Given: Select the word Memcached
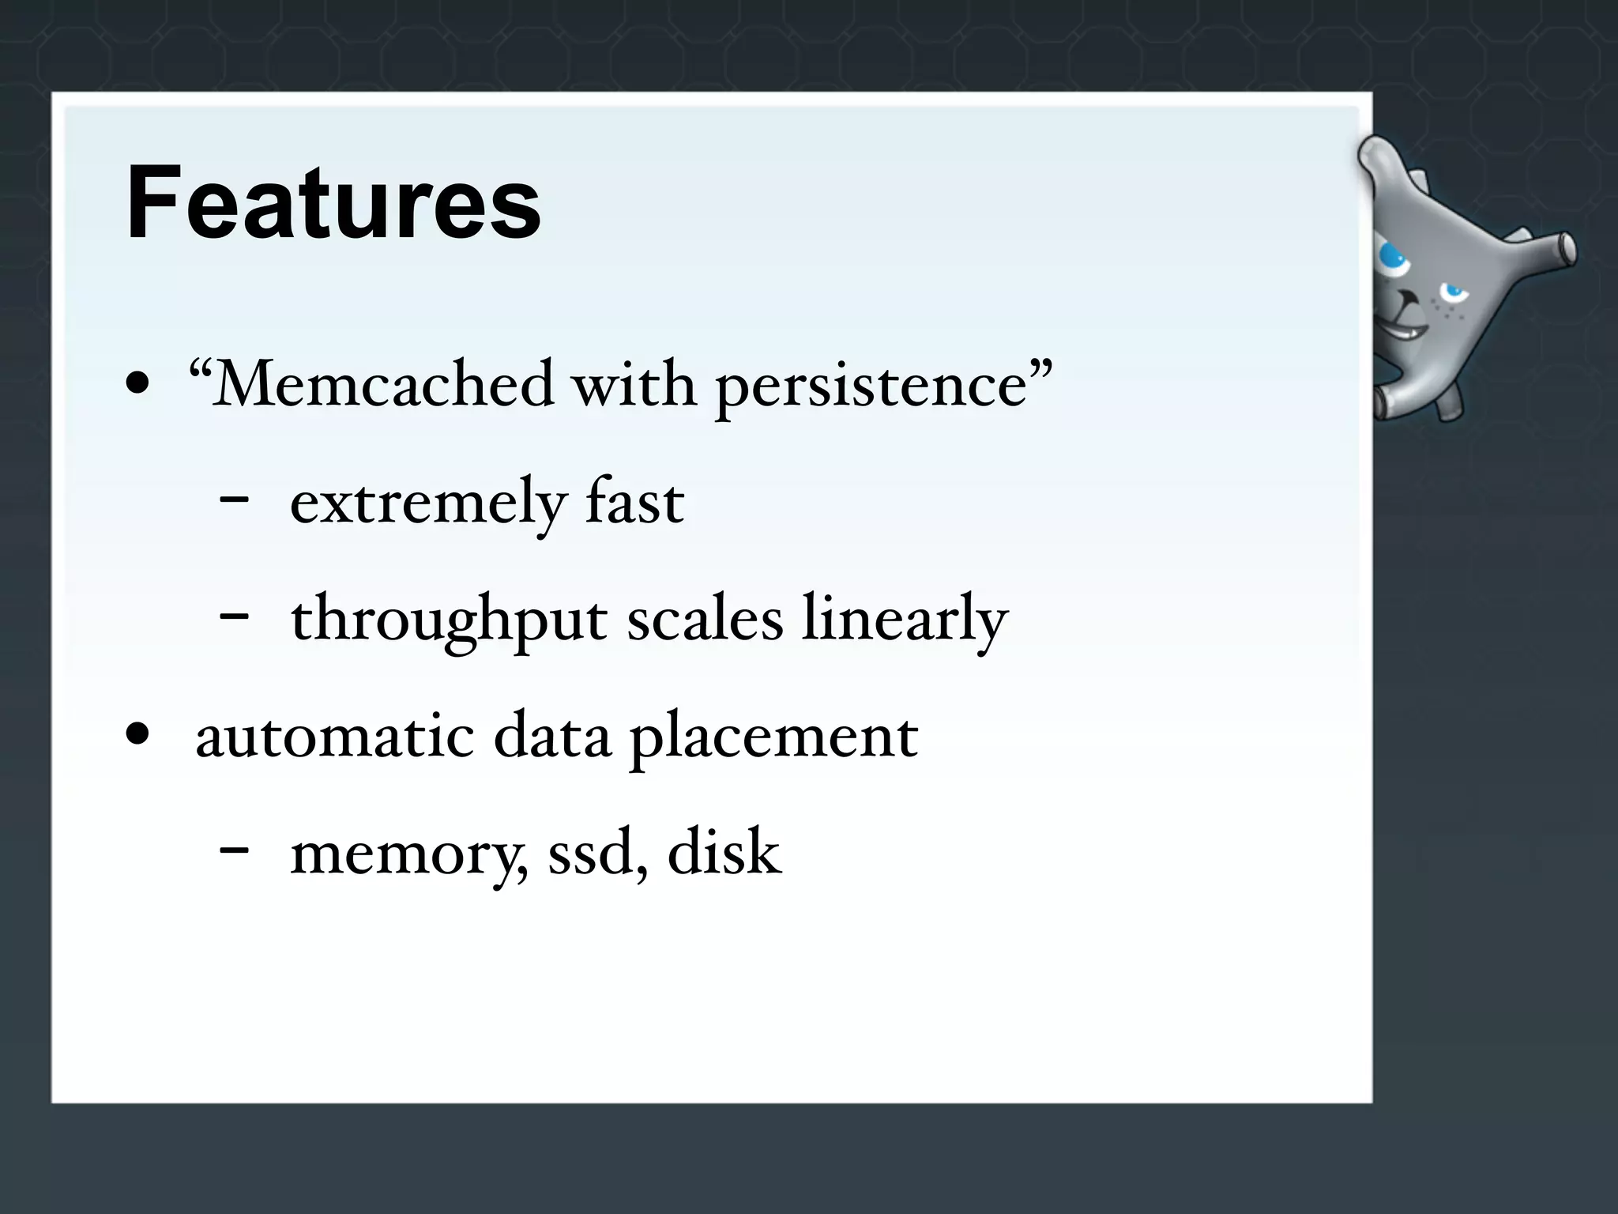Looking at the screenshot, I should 383,385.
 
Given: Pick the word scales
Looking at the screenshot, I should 705,619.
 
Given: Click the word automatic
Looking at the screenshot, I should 335,736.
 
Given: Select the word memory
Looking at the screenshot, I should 408,854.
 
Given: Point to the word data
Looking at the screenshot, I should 552,736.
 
